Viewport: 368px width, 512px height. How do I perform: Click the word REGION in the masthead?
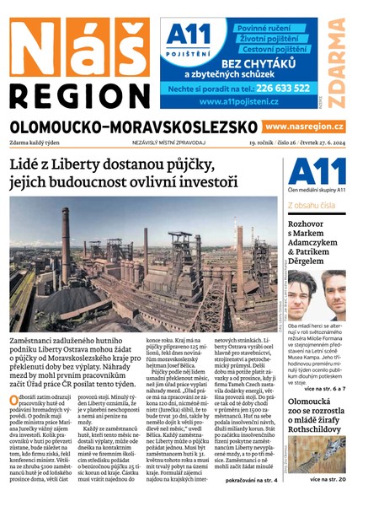(x=79, y=94)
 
